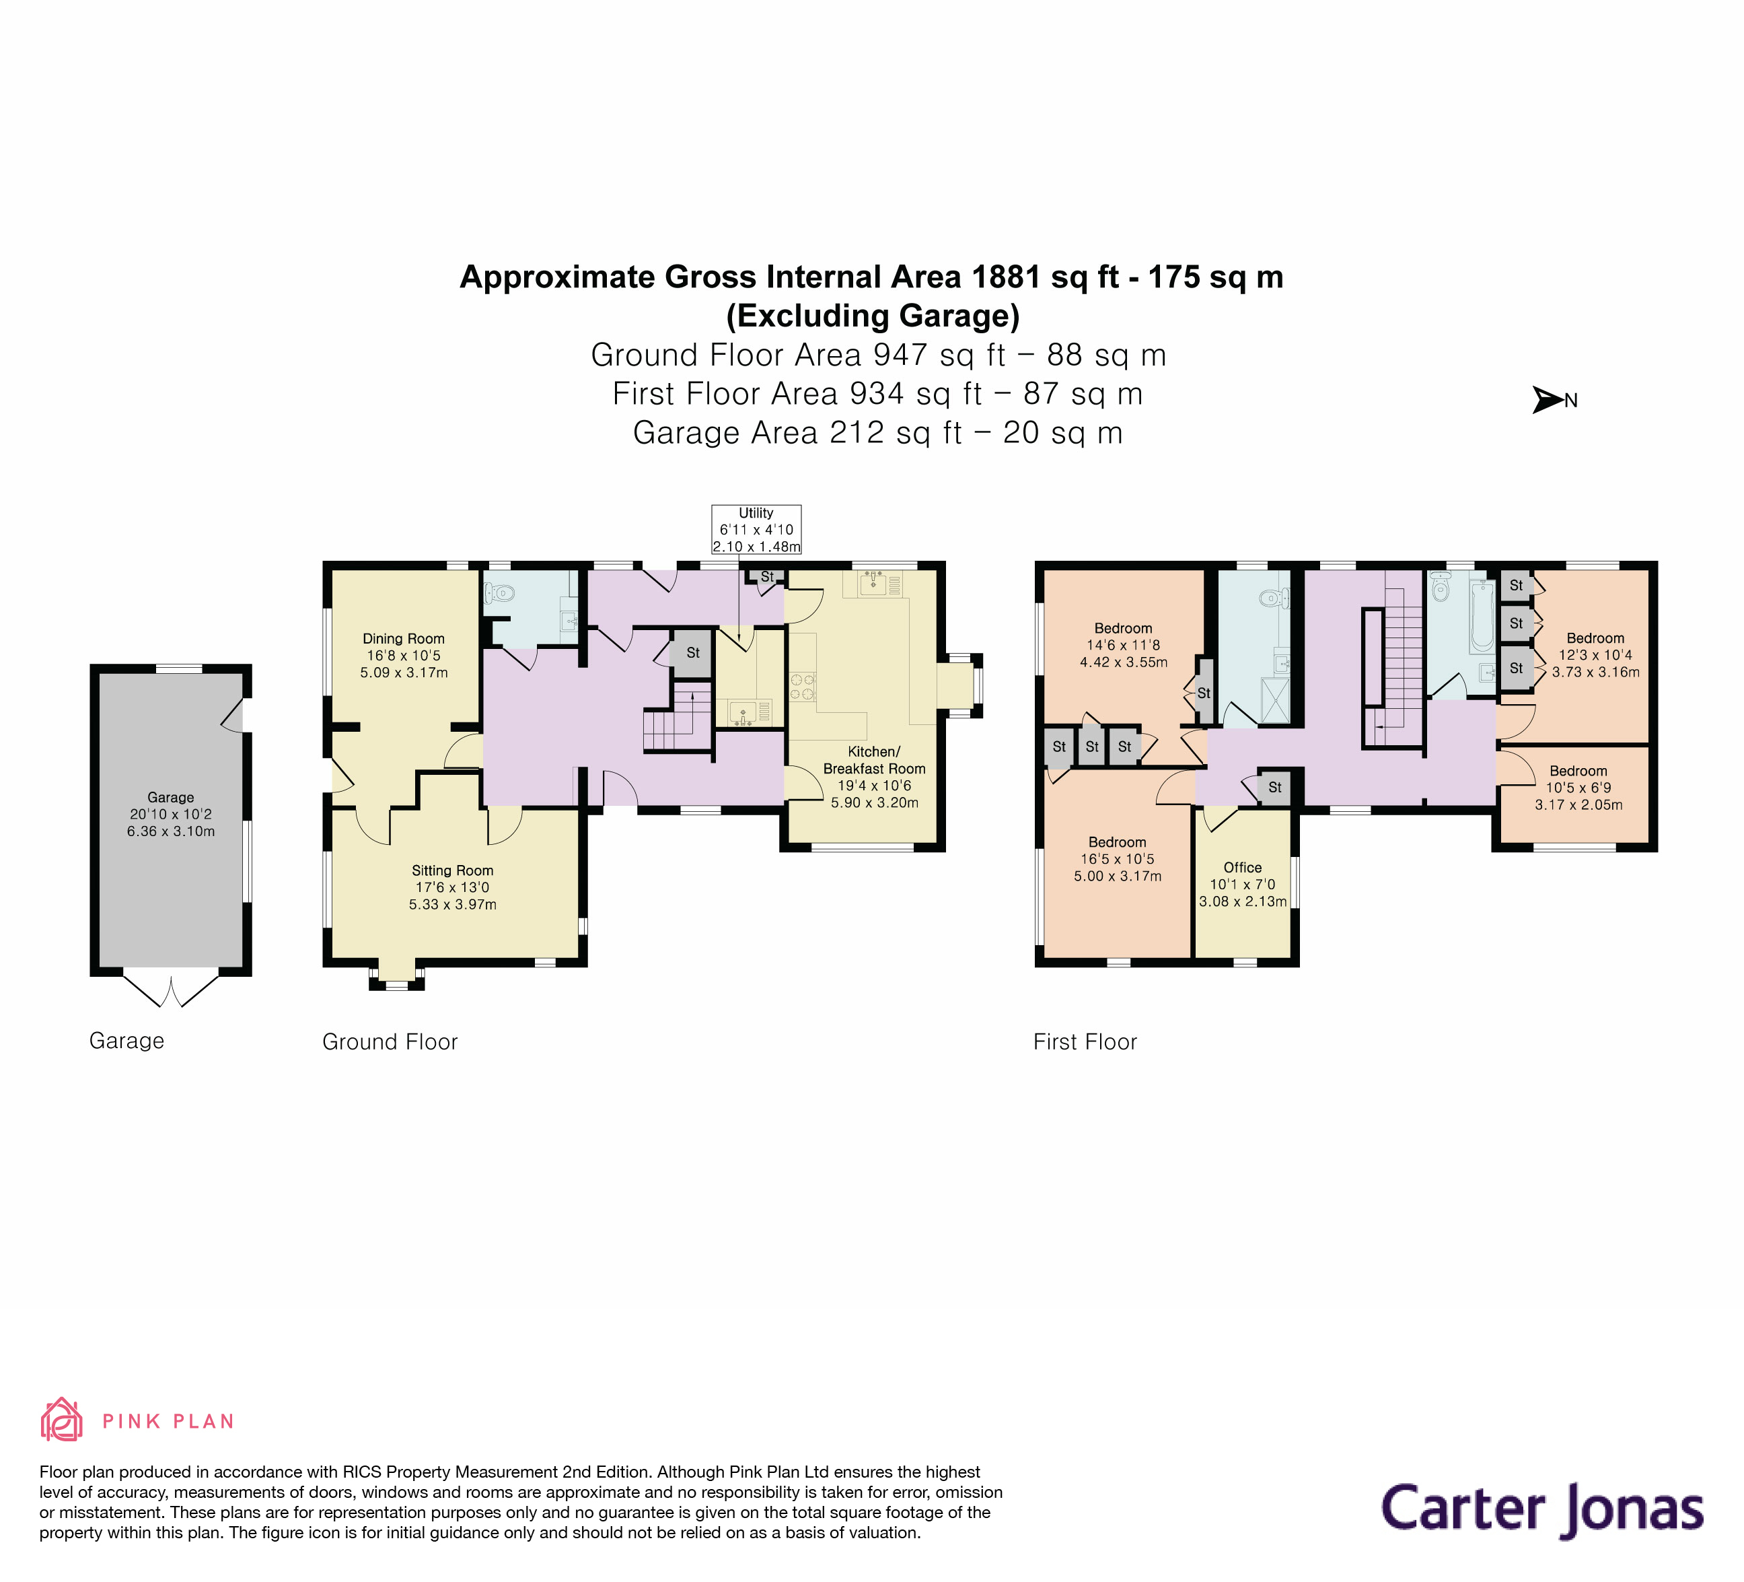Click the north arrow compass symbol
click(1547, 400)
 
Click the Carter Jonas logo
click(1541, 1509)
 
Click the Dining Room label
click(403, 655)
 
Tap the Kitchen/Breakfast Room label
click(874, 776)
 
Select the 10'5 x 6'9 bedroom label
click(1578, 788)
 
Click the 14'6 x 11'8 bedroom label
click(1123, 645)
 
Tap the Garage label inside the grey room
click(170, 813)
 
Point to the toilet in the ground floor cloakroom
click(500, 593)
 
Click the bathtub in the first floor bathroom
click(1481, 616)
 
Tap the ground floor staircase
click(678, 719)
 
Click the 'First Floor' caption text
click(1085, 1041)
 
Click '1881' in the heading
click(1006, 277)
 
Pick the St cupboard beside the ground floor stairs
click(692, 652)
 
